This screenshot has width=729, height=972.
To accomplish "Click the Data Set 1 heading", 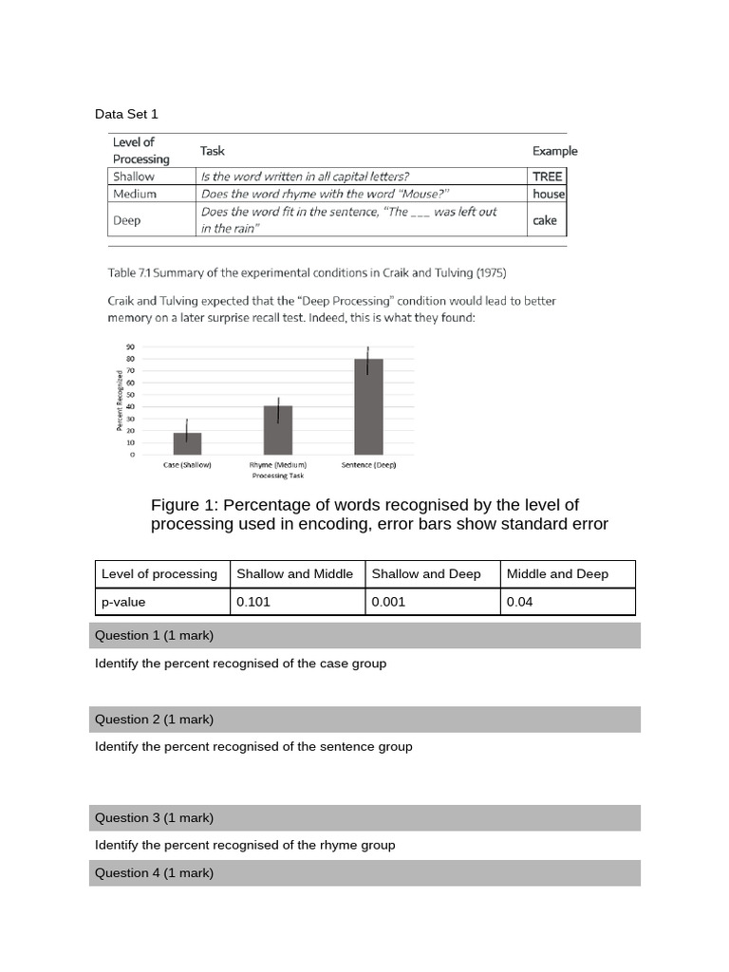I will [x=126, y=114].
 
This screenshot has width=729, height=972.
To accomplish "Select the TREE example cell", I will [x=547, y=176].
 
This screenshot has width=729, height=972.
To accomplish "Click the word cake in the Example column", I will [x=545, y=220].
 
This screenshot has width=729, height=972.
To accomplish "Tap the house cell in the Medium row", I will [x=549, y=194].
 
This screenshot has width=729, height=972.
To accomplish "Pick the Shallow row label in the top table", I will [x=134, y=176].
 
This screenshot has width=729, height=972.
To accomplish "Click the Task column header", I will [x=213, y=151].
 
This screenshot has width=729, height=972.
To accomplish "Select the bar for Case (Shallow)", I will [x=187, y=442].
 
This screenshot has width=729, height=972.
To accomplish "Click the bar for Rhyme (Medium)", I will [x=278, y=430].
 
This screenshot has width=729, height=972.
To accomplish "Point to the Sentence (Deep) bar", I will [x=368, y=406].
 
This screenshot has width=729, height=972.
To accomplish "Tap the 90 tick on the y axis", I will [x=131, y=347].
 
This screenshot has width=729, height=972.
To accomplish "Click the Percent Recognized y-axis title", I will [x=120, y=402].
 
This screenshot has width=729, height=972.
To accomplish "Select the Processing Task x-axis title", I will [x=277, y=475].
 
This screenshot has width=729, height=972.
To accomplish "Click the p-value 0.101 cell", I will [x=296, y=602].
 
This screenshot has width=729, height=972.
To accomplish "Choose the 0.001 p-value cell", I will [x=432, y=602].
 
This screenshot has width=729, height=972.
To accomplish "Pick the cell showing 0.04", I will [x=567, y=602].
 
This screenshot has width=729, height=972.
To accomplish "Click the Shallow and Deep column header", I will [x=432, y=573].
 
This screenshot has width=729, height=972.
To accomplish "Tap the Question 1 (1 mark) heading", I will [x=155, y=635].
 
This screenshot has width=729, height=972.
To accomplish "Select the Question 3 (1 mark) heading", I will [x=155, y=817].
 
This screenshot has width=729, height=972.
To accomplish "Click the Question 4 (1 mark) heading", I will [x=155, y=872].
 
